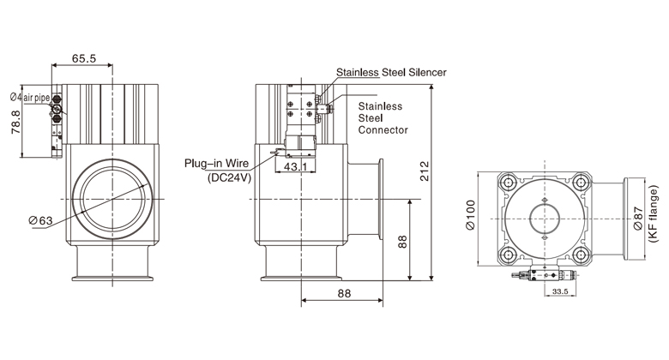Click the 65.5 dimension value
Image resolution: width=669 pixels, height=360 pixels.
pos(83,58)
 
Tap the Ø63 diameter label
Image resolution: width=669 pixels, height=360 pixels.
pos(41,221)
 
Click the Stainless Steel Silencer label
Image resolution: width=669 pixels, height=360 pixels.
pos(391,73)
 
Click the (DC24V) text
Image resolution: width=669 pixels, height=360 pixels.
pos(227,177)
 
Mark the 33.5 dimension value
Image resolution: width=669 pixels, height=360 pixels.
pos(560,291)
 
